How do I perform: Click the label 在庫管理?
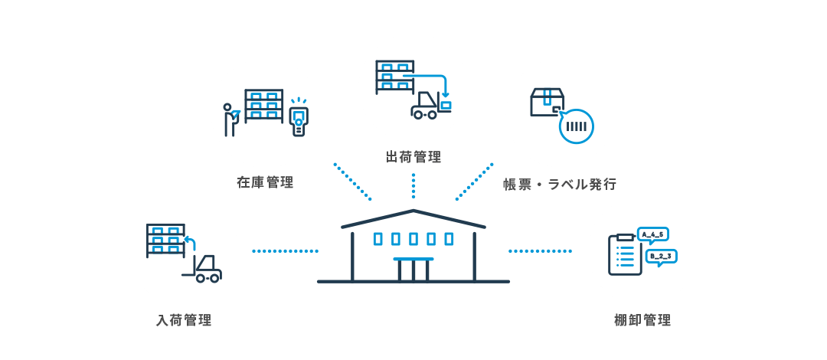tap(265, 182)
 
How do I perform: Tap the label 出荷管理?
tap(413, 158)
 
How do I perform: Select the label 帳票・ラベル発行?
tap(559, 184)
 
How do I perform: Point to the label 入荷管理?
tap(184, 320)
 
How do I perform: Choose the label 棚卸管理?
tap(642, 320)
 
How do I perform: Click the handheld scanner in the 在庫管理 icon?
tap(298, 119)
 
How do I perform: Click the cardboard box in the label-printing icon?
tap(547, 102)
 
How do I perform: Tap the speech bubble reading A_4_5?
tap(653, 234)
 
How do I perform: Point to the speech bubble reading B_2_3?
tap(660, 257)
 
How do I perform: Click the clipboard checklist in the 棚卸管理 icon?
tap(624, 254)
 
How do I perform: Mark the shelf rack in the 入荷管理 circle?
tap(165, 241)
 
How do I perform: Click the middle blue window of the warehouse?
tap(413, 239)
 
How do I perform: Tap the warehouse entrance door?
tap(413, 270)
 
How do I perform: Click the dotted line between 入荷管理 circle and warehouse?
tap(285, 250)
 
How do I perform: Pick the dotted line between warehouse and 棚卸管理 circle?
tap(540, 250)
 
